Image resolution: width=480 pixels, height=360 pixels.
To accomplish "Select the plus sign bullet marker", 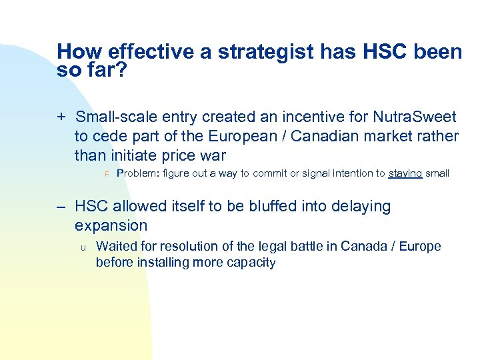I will coord(61,118).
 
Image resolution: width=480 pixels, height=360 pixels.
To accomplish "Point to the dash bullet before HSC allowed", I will coord(61,207).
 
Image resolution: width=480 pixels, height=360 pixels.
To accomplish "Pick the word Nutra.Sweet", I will coord(416,118).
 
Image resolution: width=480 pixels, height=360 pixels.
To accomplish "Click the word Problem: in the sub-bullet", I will coord(138,173).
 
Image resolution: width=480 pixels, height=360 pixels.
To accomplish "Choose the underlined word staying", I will coord(405,173).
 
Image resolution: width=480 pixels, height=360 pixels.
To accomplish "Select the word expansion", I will coord(111,226).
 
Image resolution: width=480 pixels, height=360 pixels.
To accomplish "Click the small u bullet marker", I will coord(83,247).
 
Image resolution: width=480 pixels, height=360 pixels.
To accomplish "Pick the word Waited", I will coord(116,247).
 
